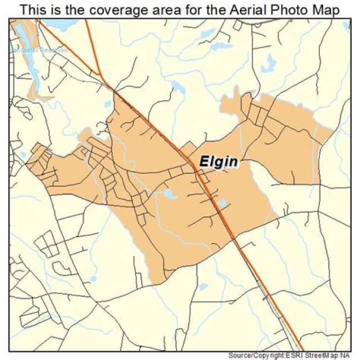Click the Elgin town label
[x=218, y=162]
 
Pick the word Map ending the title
[x=327, y=10]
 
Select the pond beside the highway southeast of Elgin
[x=222, y=203]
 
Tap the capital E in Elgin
[x=204, y=162]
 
